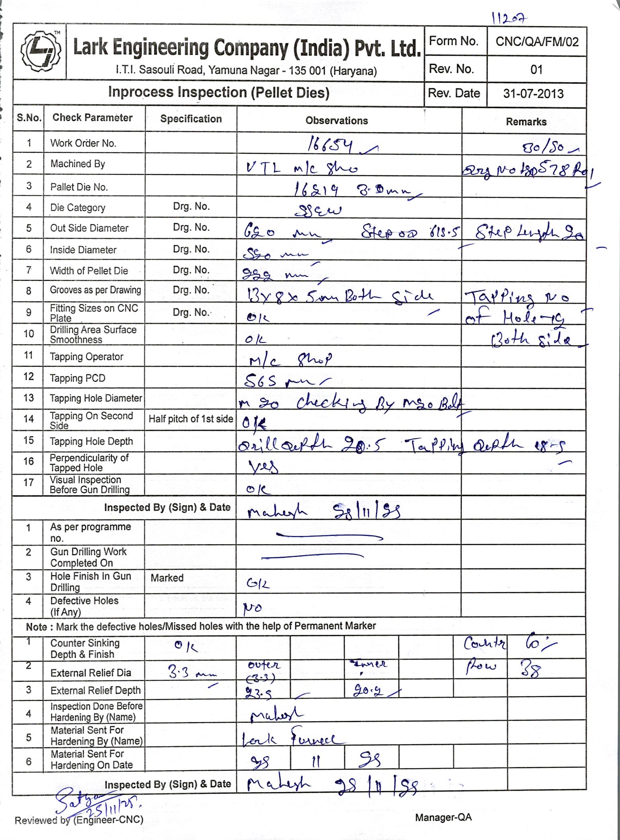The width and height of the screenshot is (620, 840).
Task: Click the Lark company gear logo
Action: click(40, 52)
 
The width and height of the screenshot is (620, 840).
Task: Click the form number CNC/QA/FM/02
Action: click(537, 42)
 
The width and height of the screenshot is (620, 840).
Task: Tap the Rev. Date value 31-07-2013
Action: click(533, 94)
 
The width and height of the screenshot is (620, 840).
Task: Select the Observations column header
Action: click(337, 121)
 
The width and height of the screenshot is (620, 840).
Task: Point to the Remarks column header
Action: click(526, 122)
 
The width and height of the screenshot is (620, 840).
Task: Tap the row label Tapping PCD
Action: click(78, 378)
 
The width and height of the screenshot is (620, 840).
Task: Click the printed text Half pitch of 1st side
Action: click(191, 419)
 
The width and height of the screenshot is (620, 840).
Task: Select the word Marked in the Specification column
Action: click(167, 577)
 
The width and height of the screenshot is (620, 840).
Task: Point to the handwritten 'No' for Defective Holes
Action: click(252, 608)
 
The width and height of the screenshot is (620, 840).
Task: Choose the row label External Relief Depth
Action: click(96, 690)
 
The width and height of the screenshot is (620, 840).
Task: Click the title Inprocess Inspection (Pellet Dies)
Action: click(218, 92)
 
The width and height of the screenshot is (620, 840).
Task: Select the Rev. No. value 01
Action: click(536, 70)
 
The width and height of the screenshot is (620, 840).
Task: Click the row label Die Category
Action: click(78, 208)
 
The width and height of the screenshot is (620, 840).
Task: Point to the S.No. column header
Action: click(29, 118)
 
